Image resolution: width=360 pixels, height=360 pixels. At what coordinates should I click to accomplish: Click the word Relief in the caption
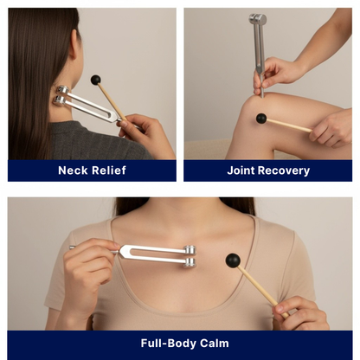tap(109, 170)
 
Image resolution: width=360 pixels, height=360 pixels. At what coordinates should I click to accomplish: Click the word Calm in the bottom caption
tap(214, 344)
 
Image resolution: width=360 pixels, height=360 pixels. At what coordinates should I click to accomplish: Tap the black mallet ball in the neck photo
tap(95, 80)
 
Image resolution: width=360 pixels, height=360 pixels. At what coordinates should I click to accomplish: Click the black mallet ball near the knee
tap(260, 119)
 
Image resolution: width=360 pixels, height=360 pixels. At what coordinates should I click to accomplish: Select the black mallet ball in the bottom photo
tap(232, 260)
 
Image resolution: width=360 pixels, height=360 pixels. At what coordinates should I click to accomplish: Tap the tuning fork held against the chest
tap(156, 252)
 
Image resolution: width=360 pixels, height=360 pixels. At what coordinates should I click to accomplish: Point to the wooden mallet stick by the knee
tap(289, 125)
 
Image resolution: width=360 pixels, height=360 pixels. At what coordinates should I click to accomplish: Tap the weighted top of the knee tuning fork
tap(258, 19)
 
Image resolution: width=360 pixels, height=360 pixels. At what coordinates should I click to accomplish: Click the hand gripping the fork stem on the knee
tap(273, 76)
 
